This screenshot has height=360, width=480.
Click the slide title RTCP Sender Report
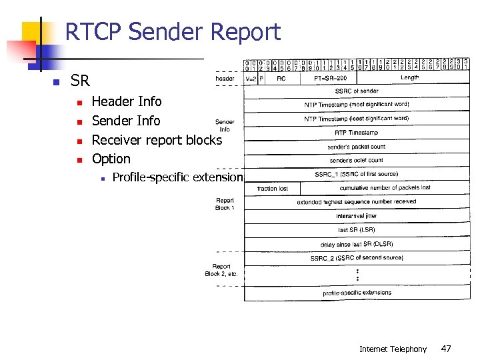tap(173, 32)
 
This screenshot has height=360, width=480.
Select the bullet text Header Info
tap(126, 101)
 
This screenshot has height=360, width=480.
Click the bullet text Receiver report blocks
tap(156, 140)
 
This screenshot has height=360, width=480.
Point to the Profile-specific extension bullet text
tap(177, 177)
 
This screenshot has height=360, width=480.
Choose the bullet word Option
tap(111, 159)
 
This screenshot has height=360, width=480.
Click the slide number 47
tap(445, 349)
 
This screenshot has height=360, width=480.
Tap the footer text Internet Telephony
tap(393, 349)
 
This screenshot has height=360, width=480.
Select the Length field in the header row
tap(410, 78)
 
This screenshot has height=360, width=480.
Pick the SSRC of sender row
tap(356, 91)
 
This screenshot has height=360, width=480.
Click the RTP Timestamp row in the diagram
tap(356, 133)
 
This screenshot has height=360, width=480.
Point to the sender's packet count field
tap(356, 147)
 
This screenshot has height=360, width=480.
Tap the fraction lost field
tap(273, 189)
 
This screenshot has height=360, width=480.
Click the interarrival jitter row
tap(356, 216)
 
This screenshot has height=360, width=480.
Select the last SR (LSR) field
tap(356, 230)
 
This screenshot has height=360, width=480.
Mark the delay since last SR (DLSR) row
tap(356, 244)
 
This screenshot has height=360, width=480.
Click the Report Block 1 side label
tap(225, 204)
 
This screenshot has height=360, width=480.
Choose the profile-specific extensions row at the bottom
tap(356, 293)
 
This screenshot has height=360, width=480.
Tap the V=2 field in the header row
tap(251, 78)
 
